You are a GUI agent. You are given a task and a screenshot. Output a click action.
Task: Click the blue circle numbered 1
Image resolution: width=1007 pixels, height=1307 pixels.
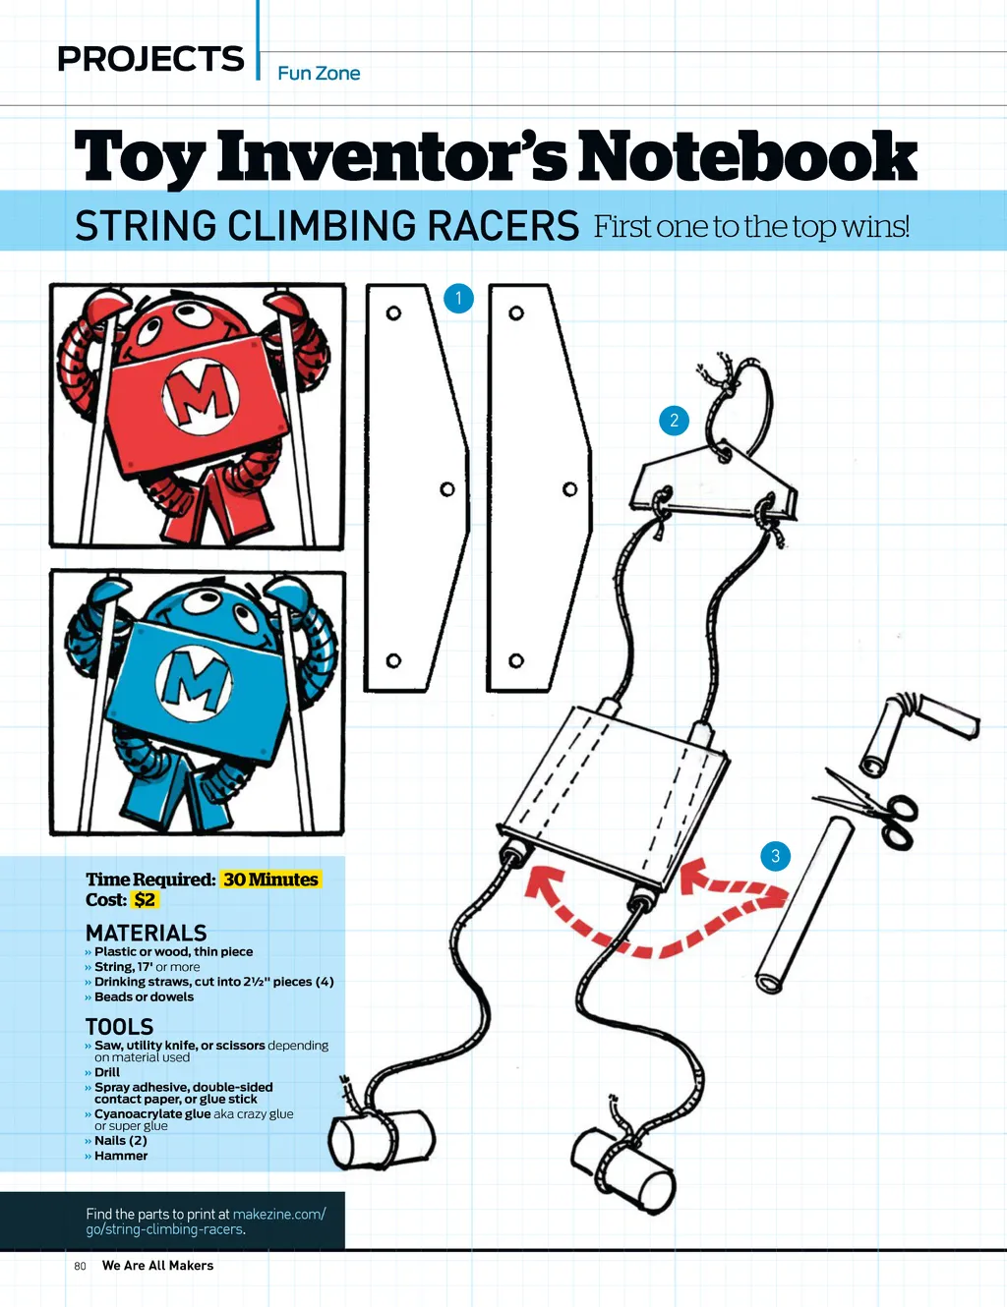pos(458,298)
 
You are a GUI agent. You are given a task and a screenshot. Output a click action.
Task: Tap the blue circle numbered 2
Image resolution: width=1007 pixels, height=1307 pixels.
pos(674,421)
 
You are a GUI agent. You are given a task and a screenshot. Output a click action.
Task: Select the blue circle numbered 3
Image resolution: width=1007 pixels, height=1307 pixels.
pos(775,856)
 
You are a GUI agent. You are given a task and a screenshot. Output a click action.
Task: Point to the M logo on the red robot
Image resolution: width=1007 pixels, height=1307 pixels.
pos(201,397)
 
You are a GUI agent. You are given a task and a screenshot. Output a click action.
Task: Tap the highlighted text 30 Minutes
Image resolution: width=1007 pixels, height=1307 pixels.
pos(270,880)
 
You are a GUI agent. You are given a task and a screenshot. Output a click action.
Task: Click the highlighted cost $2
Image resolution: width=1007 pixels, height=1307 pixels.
pos(145,900)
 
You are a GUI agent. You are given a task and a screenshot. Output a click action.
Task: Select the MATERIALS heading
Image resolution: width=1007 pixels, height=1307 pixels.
pos(146,933)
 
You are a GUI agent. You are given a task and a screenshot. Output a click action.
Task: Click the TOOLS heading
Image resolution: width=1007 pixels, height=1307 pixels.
pos(119,1027)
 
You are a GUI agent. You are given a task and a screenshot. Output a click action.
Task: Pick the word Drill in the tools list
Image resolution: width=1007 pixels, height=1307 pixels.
pos(107,1072)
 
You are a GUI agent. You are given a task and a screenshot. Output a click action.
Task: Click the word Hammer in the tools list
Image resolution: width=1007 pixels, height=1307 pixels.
pos(121,1156)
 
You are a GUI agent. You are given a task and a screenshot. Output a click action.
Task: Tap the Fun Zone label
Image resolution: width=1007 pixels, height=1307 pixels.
pos(319,74)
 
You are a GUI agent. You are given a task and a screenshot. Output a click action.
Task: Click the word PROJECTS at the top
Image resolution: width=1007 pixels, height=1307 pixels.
pos(150,59)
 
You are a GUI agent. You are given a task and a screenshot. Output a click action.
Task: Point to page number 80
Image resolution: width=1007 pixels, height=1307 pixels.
pos(80,1266)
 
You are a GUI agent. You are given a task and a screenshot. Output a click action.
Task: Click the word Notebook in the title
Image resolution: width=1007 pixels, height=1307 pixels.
pos(747,157)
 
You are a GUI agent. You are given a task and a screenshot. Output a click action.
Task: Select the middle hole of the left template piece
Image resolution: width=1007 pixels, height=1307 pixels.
pos(446,489)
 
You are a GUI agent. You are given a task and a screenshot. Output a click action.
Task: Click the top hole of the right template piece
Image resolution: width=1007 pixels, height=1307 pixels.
pos(515,313)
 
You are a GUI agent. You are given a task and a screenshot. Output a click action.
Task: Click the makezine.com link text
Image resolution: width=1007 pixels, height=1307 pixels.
pos(278,1215)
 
